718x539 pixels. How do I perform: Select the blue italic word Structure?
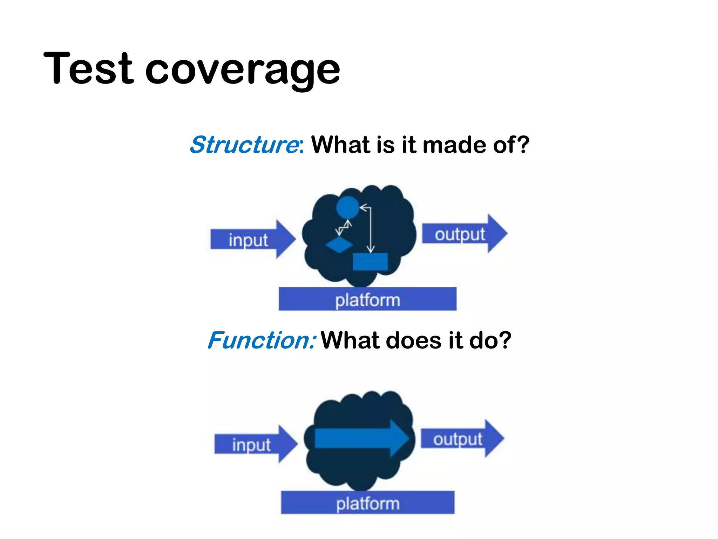coord(244,145)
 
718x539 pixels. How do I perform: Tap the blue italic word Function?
coord(261,340)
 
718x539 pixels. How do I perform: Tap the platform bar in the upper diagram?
coord(367,299)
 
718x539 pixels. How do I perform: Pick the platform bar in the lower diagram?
coord(367,503)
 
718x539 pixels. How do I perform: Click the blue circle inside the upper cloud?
coord(347,207)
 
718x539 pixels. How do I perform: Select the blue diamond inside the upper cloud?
coord(339,245)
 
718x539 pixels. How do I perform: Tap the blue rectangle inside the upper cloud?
coord(370,262)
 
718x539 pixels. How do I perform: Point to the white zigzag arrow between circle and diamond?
coord(343,228)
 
